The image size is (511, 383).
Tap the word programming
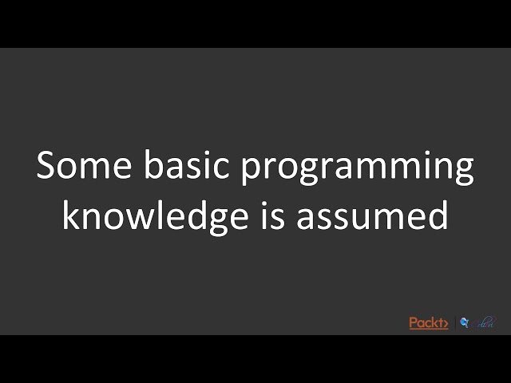(x=358, y=169)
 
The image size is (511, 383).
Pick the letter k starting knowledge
(x=70, y=215)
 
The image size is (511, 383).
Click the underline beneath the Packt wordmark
(x=428, y=329)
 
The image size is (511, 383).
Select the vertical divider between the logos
(x=455, y=322)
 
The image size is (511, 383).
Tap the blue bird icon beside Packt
(x=464, y=322)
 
